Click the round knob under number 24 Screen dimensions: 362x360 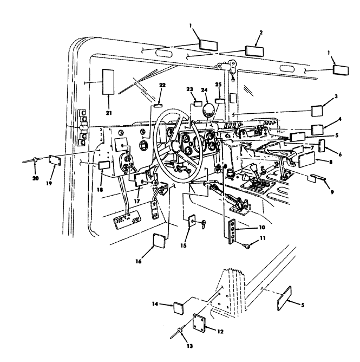[x=207, y=109]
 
